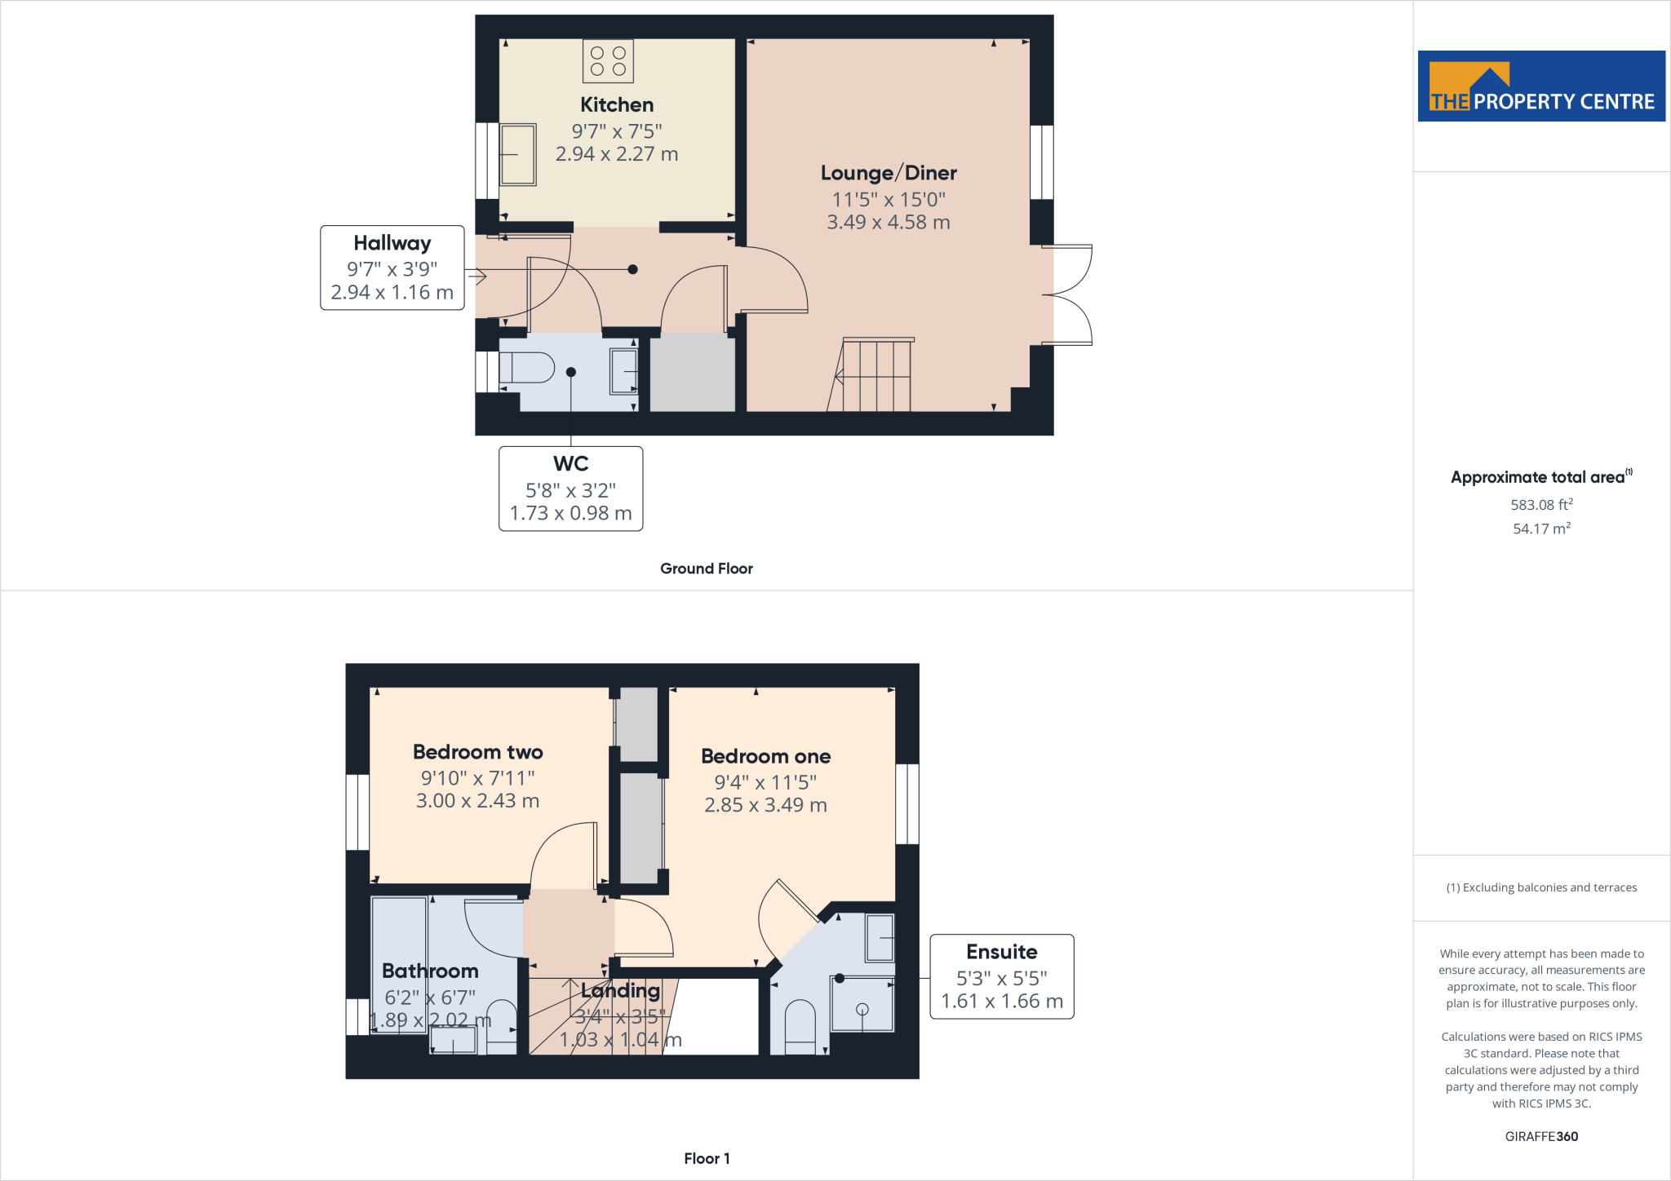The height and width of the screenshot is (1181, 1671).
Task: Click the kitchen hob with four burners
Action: [x=608, y=61]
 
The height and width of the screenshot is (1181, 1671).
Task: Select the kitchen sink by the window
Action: [x=517, y=154]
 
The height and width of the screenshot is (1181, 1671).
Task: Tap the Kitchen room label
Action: [x=617, y=105]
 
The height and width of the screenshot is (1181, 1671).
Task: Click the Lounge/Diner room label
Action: [x=889, y=173]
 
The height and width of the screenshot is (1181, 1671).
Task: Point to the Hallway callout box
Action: [x=392, y=268]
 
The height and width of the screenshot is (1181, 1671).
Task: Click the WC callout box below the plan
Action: [x=570, y=489]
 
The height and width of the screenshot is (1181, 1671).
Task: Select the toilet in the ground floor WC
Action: [x=526, y=368]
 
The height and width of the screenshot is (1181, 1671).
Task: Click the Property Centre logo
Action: [x=1540, y=86]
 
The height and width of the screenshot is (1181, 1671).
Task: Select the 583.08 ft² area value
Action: [x=1541, y=505]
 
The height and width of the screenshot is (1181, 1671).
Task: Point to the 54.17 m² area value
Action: [x=1541, y=529]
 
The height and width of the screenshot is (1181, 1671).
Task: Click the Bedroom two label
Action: [x=477, y=752]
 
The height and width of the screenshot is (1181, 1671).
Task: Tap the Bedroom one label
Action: [x=765, y=756]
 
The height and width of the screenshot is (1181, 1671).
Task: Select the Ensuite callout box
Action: [x=1002, y=976]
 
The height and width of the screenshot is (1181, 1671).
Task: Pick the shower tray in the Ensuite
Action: [x=862, y=1004]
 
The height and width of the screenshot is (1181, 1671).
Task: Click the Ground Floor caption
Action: [x=706, y=568]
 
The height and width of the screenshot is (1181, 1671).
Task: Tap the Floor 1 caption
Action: [x=707, y=1158]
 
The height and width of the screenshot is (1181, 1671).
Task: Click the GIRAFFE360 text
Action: [x=1541, y=1136]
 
